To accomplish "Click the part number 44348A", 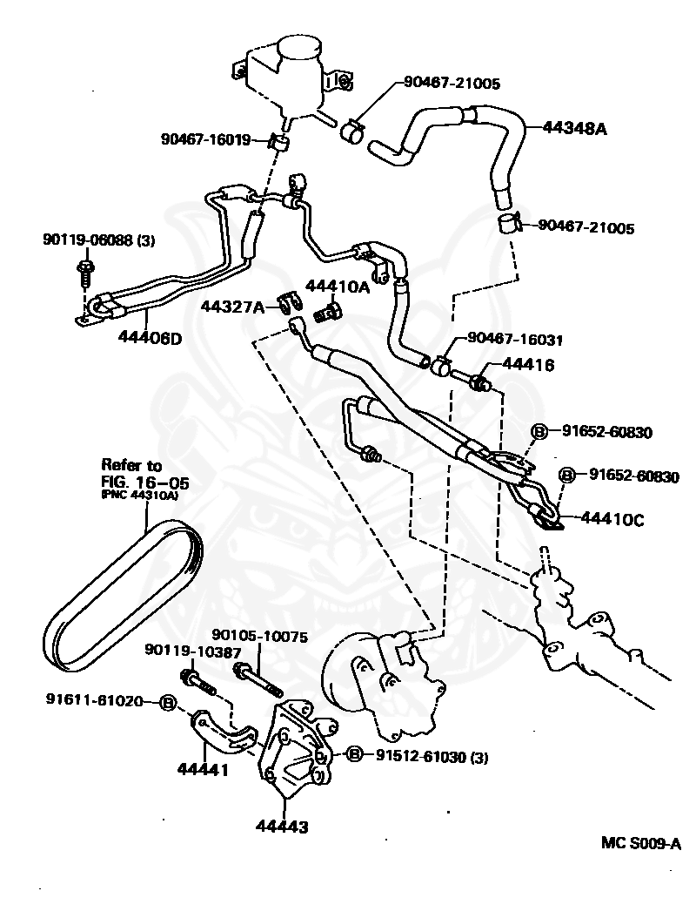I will (574, 127).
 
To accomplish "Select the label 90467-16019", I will (205, 138).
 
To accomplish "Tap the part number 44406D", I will (150, 338).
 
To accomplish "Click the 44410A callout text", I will (337, 287).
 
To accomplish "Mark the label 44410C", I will (613, 521).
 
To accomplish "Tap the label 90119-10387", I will (181, 651).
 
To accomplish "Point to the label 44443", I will (282, 826).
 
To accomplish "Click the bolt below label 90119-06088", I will (84, 270).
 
